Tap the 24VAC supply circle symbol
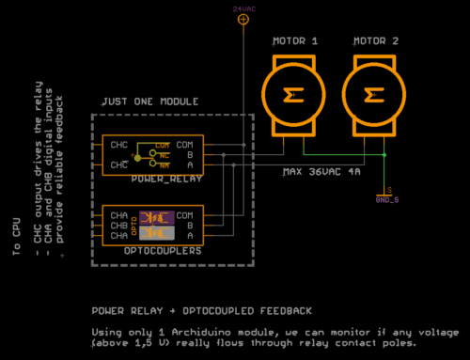click(x=243, y=19)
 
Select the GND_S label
click(x=387, y=199)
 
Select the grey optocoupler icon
click(x=164, y=233)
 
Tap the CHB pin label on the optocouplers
click(x=119, y=226)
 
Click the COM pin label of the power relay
click(x=184, y=145)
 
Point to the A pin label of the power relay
click(x=190, y=164)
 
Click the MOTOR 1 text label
click(x=294, y=41)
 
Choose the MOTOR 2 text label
click(x=375, y=41)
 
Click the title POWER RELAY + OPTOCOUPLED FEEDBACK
click(x=201, y=309)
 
